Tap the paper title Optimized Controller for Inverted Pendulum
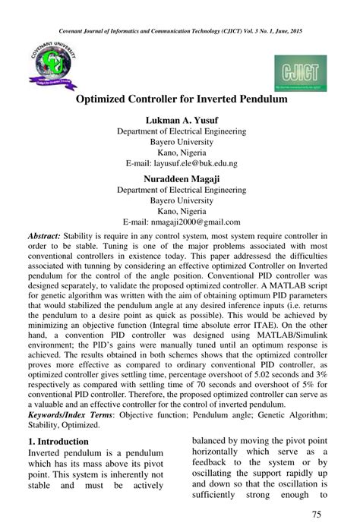pyautogui.click(x=180, y=99)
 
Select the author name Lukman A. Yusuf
pyautogui.click(x=180, y=120)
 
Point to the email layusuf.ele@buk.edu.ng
pyautogui.click(x=181, y=163)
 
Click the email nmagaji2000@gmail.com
pyautogui.click(x=181, y=222)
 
